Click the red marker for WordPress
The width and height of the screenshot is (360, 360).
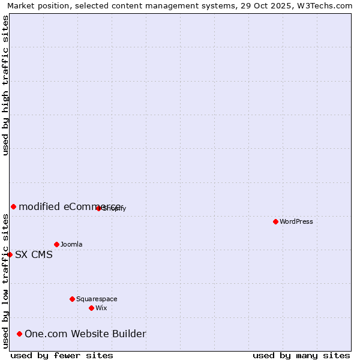pos(275,221)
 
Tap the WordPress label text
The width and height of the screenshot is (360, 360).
pos(296,221)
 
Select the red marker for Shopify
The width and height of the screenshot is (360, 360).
pos(98,208)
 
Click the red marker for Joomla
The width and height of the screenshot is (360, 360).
pos(56,244)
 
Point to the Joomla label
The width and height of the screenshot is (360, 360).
pos(71,244)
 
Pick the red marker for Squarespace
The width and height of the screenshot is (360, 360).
pos(72,299)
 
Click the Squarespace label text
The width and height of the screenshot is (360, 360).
pos(97,299)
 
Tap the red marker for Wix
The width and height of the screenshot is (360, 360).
pos(91,308)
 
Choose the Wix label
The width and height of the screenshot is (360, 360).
pos(101,308)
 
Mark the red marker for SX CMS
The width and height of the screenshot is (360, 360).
pos(10,254)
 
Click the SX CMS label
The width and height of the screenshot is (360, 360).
pos(34,254)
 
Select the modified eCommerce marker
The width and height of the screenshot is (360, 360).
pos(13,206)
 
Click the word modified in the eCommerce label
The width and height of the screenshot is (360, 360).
pos(39,206)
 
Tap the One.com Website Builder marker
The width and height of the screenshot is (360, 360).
pos(19,334)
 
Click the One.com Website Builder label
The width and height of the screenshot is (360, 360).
pos(85,334)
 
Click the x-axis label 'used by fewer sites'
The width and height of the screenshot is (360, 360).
pos(62,355)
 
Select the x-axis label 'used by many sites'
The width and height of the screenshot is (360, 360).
pos(301,355)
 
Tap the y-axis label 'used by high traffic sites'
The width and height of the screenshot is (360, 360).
pos(5,85)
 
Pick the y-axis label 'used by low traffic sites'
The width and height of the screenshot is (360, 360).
pos(5,280)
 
